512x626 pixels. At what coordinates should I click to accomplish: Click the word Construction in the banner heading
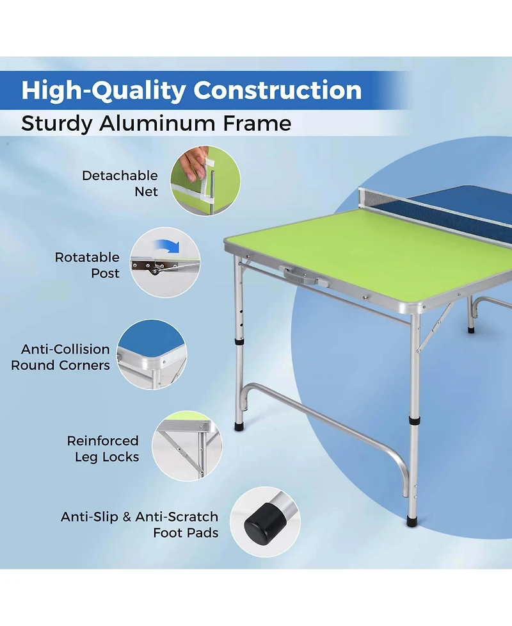tap(278, 90)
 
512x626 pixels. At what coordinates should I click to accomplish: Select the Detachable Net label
tap(120, 183)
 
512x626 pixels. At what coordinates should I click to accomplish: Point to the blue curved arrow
tap(169, 246)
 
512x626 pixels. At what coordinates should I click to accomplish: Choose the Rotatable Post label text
tap(87, 265)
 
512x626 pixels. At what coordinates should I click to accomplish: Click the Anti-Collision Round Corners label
tap(61, 357)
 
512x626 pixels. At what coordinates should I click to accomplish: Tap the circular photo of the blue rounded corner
tap(152, 354)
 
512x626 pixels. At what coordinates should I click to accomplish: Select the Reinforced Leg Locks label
tap(103, 449)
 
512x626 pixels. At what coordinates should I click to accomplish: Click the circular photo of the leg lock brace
tap(186, 445)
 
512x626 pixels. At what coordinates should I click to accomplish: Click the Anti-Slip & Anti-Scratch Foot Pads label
tap(140, 524)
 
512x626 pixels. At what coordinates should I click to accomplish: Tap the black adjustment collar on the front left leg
tap(239, 342)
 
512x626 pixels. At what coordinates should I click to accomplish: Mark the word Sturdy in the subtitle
tap(56, 123)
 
